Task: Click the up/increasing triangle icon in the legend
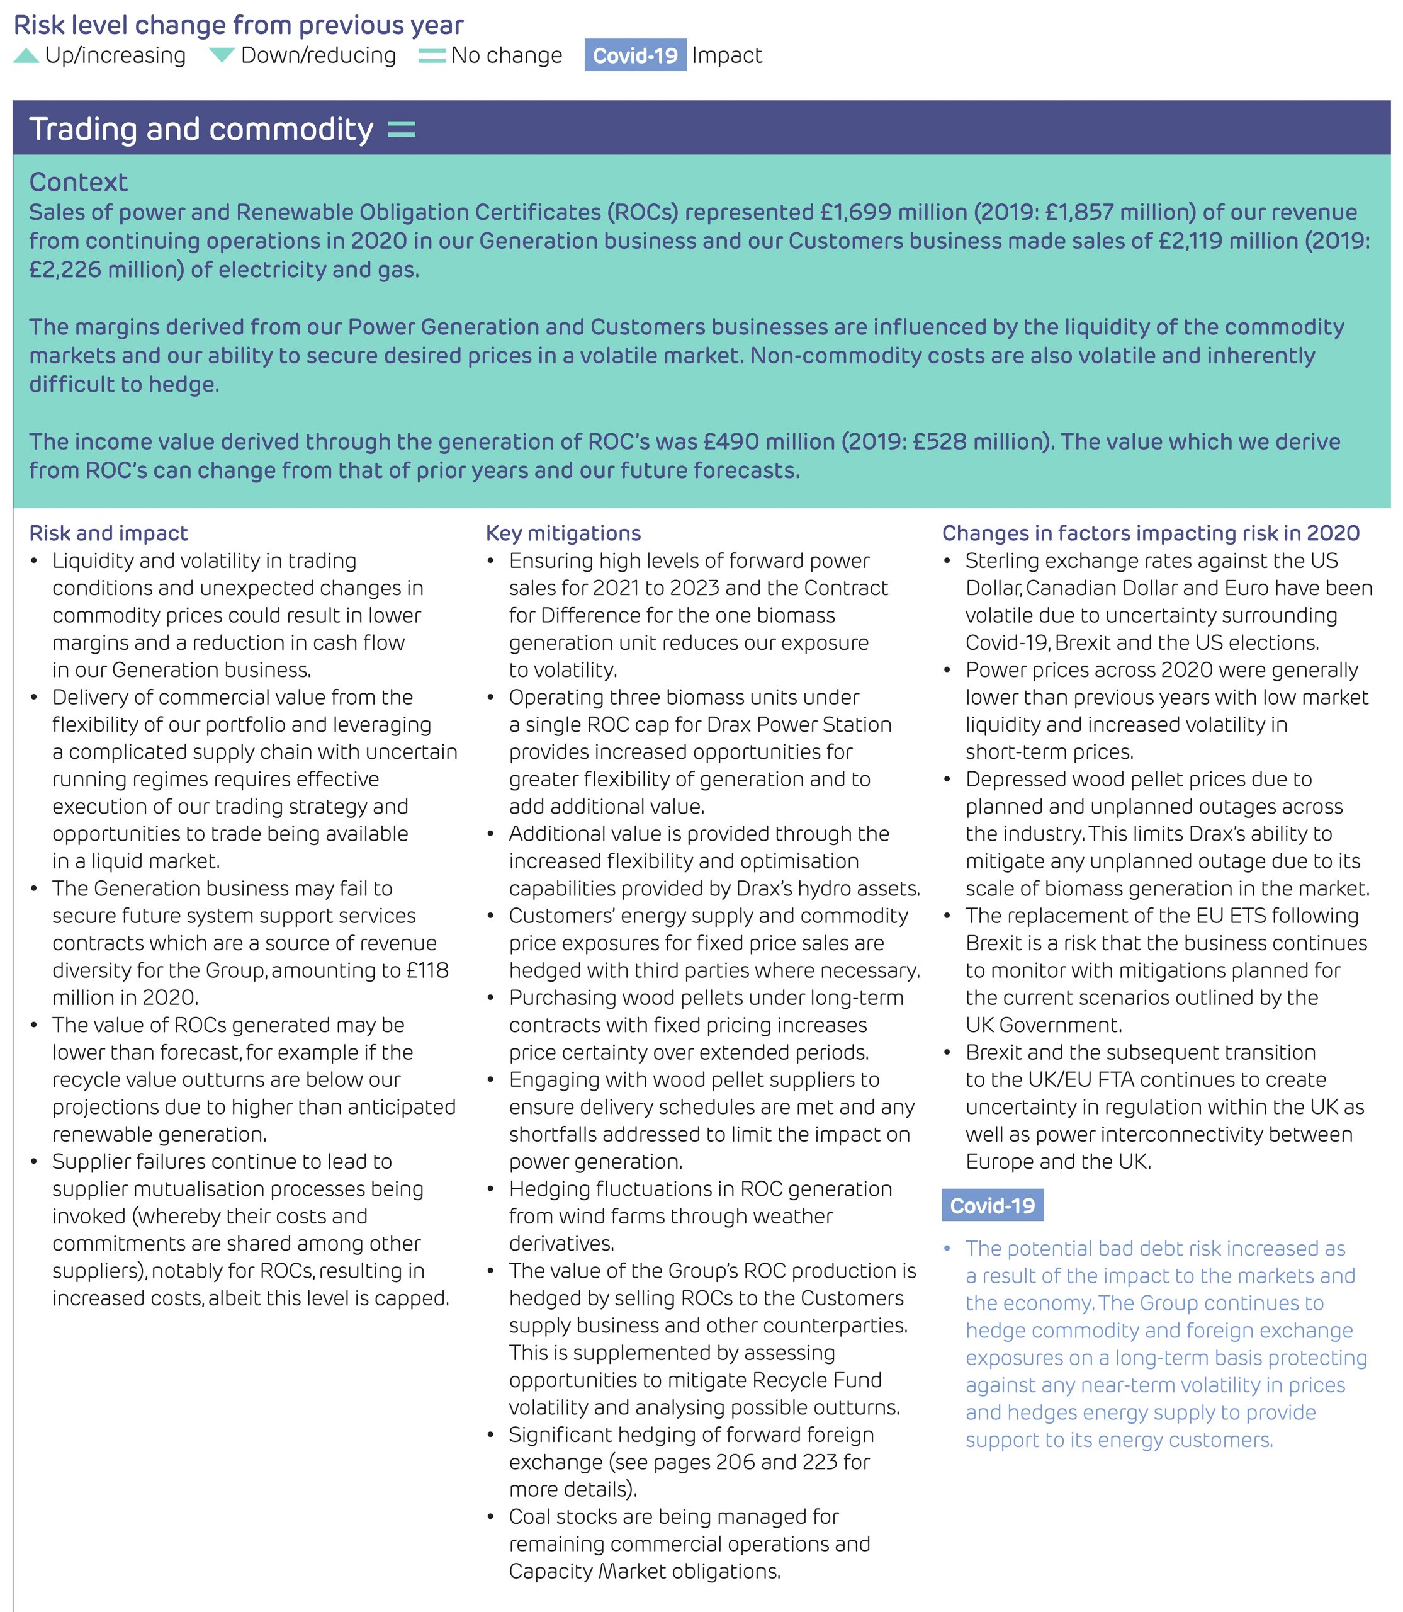pos(26,55)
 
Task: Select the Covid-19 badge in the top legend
pos(635,55)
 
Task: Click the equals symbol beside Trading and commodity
pos(402,129)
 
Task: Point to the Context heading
pos(78,183)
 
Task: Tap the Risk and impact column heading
pos(108,533)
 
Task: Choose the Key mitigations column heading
pos(563,533)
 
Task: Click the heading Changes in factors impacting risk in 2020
pos(1150,533)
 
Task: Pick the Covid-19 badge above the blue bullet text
pos(992,1205)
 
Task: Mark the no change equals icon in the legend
pos(431,55)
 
